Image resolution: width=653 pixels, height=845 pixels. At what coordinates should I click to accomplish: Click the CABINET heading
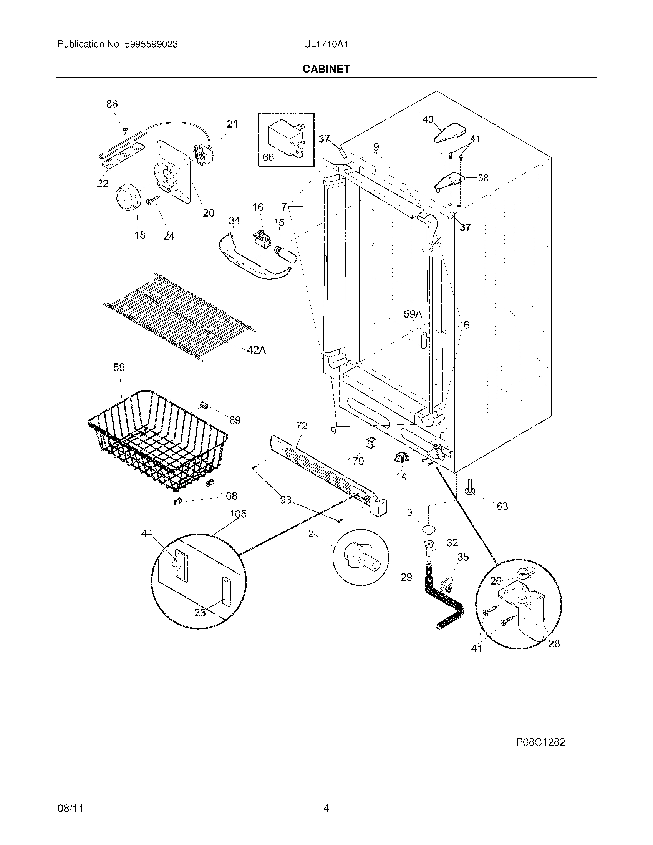[x=326, y=69]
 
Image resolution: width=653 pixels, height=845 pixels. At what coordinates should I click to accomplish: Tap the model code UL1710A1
[x=326, y=45]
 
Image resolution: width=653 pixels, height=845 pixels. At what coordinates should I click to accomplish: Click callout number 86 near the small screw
[x=112, y=104]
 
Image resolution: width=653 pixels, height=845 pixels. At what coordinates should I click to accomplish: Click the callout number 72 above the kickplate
[x=302, y=426]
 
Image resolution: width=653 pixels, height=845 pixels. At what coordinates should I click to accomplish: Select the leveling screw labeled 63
[x=471, y=487]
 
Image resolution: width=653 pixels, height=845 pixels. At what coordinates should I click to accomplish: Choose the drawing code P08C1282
[x=540, y=742]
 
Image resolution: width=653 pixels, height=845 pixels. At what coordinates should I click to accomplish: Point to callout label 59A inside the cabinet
[x=413, y=314]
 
